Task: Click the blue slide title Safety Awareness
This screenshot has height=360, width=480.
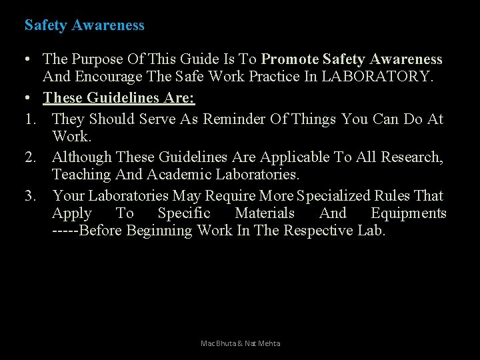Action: click(x=84, y=25)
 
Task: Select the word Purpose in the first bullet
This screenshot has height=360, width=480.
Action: click(x=97, y=59)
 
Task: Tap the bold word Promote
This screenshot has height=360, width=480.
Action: click(x=291, y=59)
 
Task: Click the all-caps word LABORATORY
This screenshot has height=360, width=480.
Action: click(x=377, y=77)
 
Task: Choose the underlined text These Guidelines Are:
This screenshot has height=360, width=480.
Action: click(x=119, y=98)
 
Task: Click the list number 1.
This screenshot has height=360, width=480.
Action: click(x=29, y=119)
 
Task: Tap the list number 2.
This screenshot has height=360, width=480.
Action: click(x=29, y=157)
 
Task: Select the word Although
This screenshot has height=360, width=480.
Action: click(x=82, y=157)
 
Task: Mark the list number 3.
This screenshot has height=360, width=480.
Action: click(x=29, y=196)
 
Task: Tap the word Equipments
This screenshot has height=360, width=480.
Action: click(x=408, y=213)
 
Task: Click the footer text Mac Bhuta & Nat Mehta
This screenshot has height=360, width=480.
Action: click(x=240, y=343)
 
